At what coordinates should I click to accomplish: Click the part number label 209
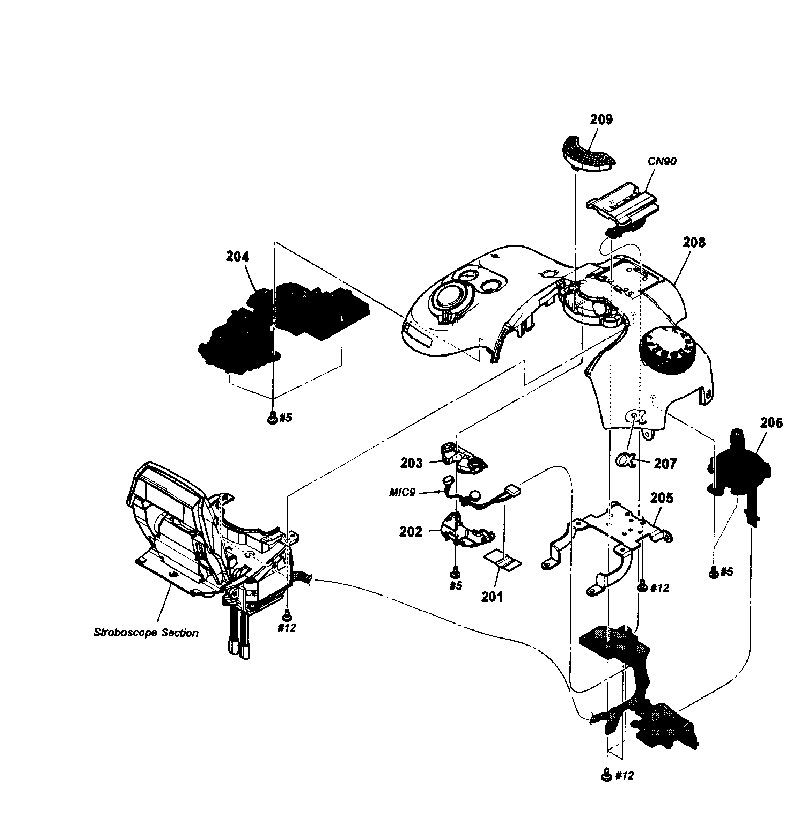click(x=601, y=120)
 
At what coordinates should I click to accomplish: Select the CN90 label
click(x=662, y=161)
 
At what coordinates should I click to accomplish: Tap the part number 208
click(x=694, y=242)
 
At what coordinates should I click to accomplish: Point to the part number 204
click(x=237, y=256)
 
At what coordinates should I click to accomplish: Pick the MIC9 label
click(x=402, y=493)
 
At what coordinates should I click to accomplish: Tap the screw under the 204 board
click(x=272, y=417)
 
